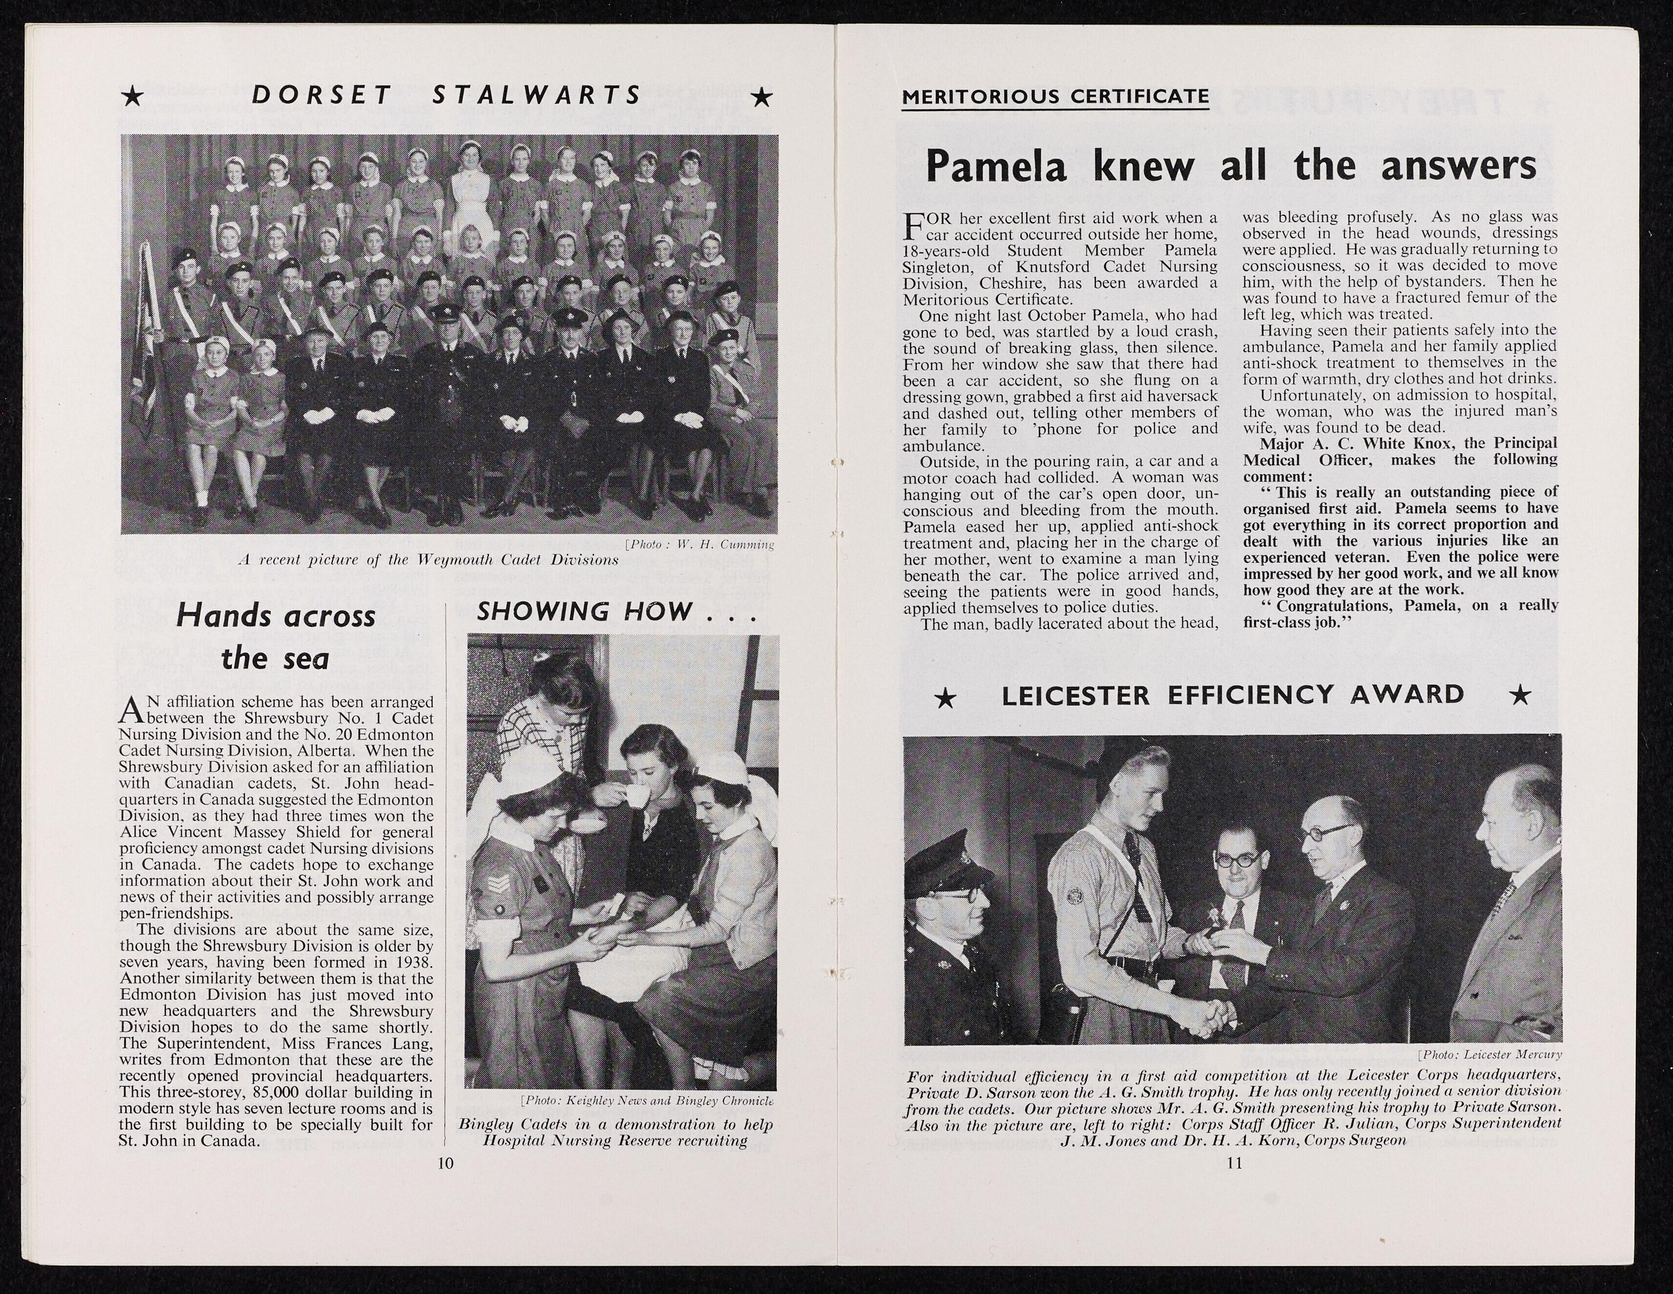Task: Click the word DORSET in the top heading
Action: point(321,95)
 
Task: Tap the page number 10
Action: point(445,1163)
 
